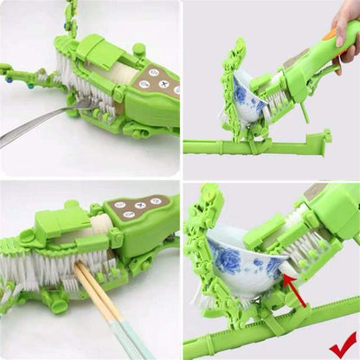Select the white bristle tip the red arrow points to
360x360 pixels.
point(281,274)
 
